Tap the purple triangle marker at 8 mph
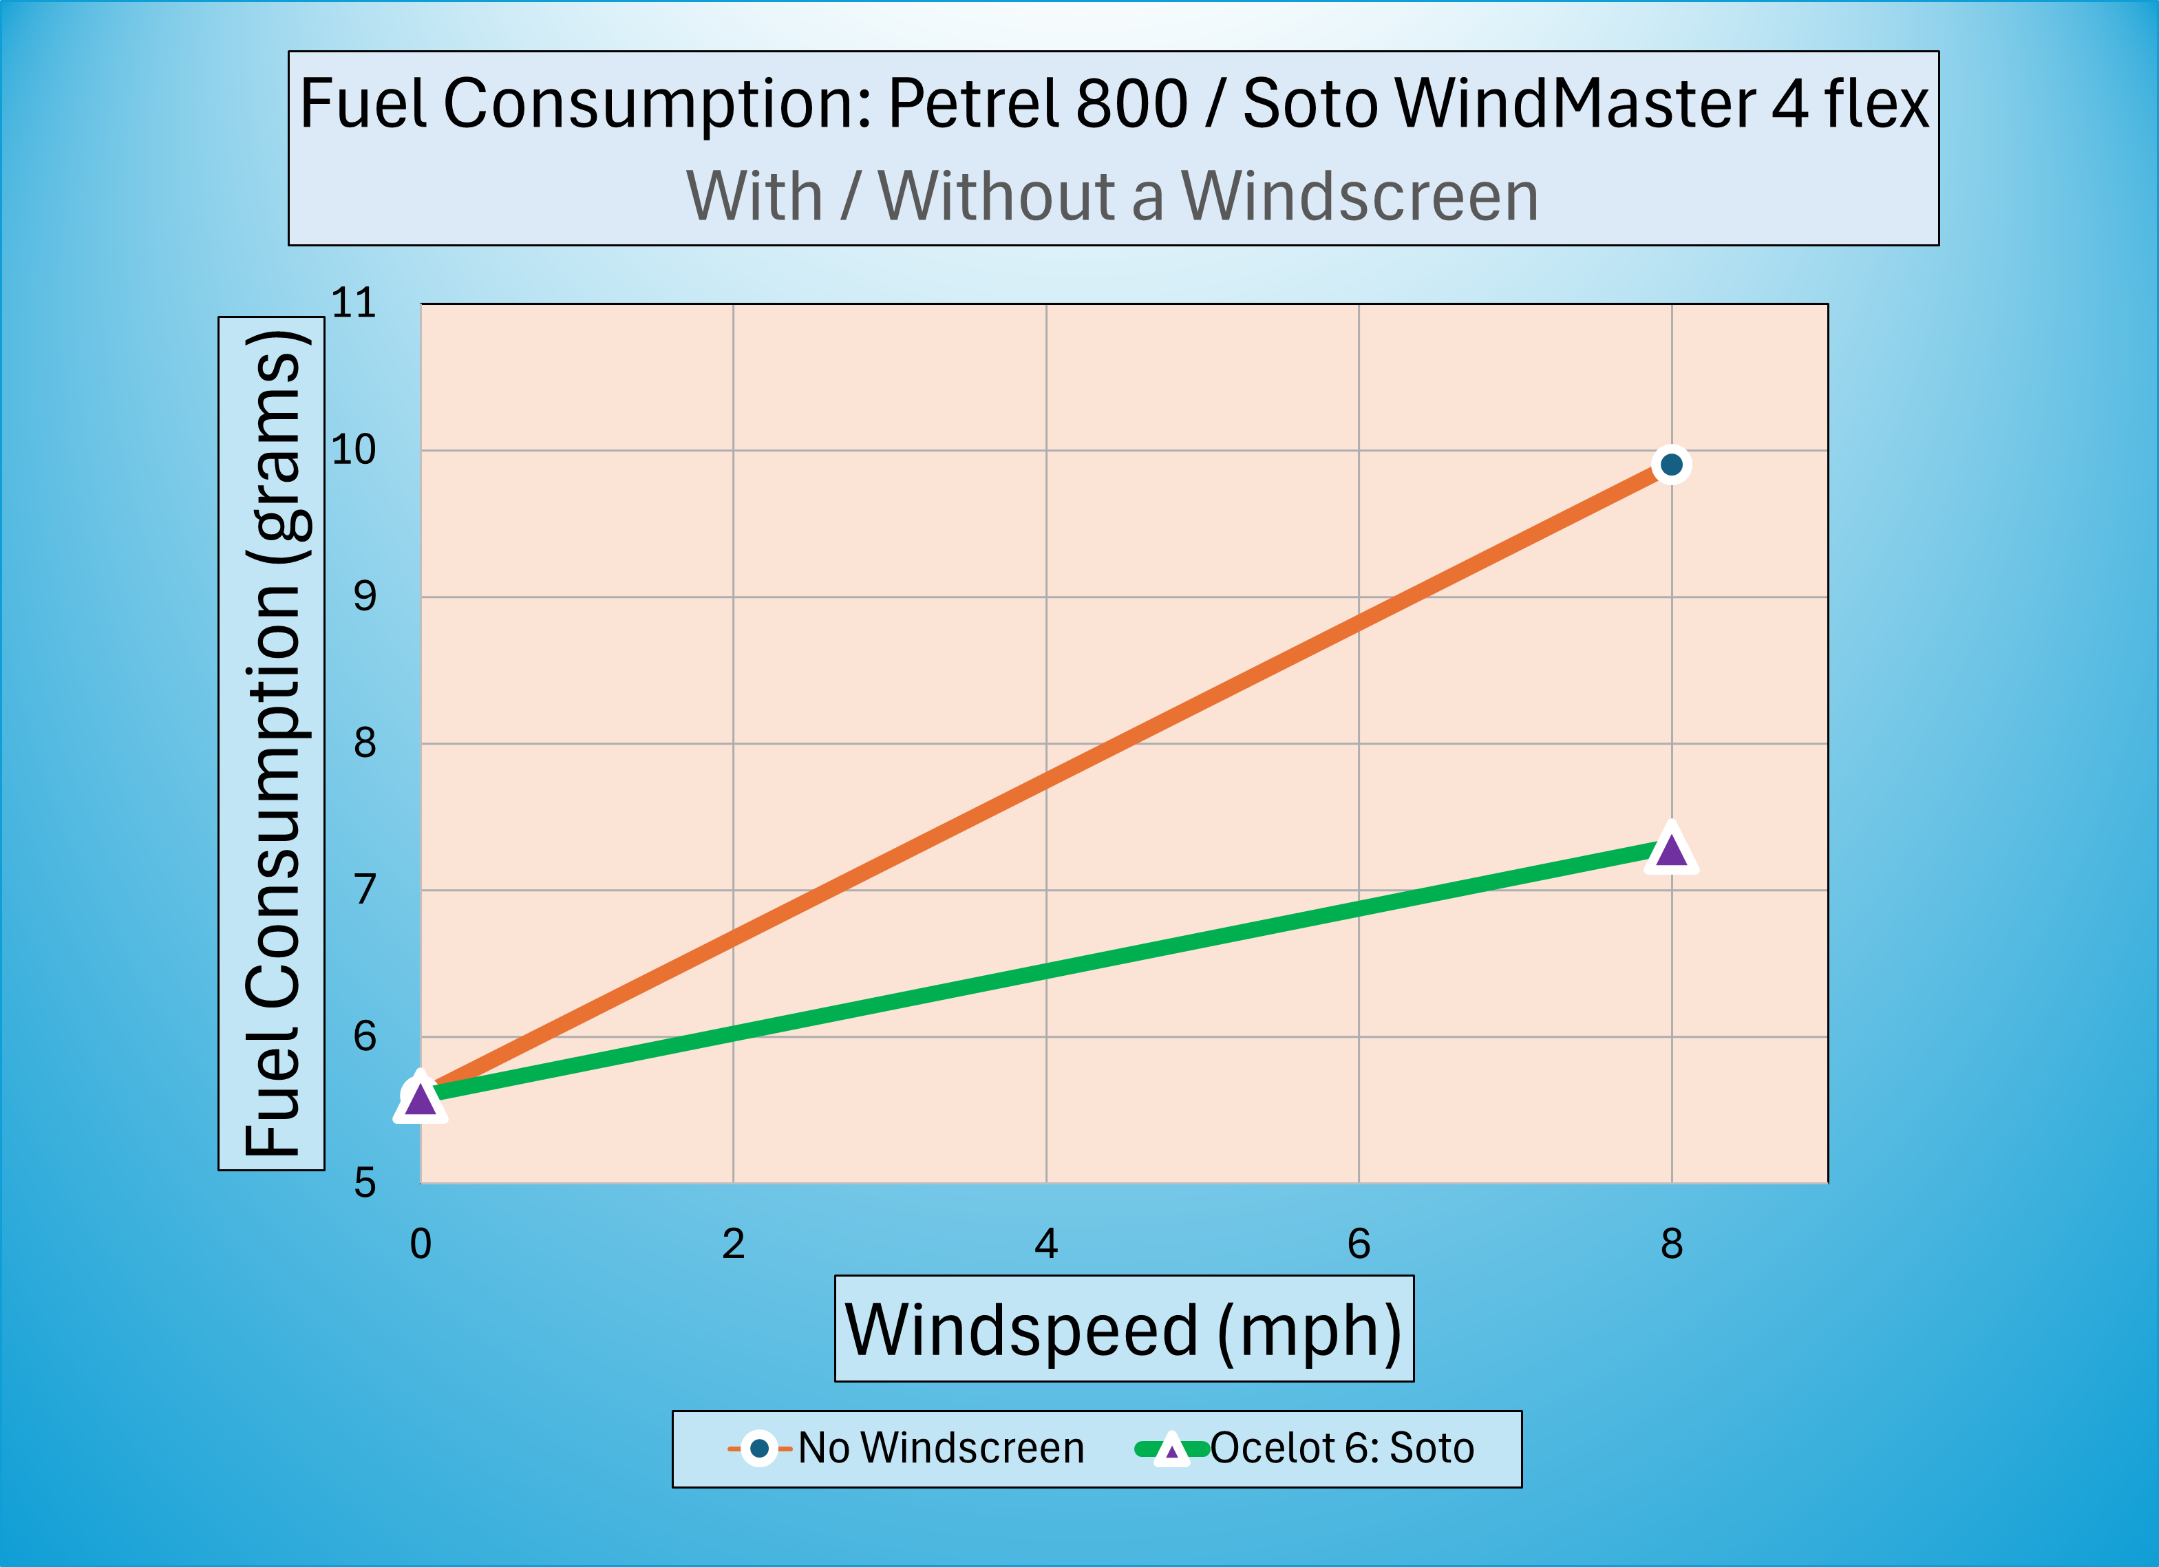coord(1672,847)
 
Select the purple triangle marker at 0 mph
coord(420,1098)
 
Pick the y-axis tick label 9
coord(365,596)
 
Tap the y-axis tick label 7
coord(365,889)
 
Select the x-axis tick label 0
coord(421,1244)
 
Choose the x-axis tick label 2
coord(733,1244)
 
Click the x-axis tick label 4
coord(1046,1244)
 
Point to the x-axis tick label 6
coord(1359,1244)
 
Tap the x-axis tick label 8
coord(1672,1244)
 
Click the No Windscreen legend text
coord(941,1448)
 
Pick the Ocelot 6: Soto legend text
coord(1342,1448)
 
